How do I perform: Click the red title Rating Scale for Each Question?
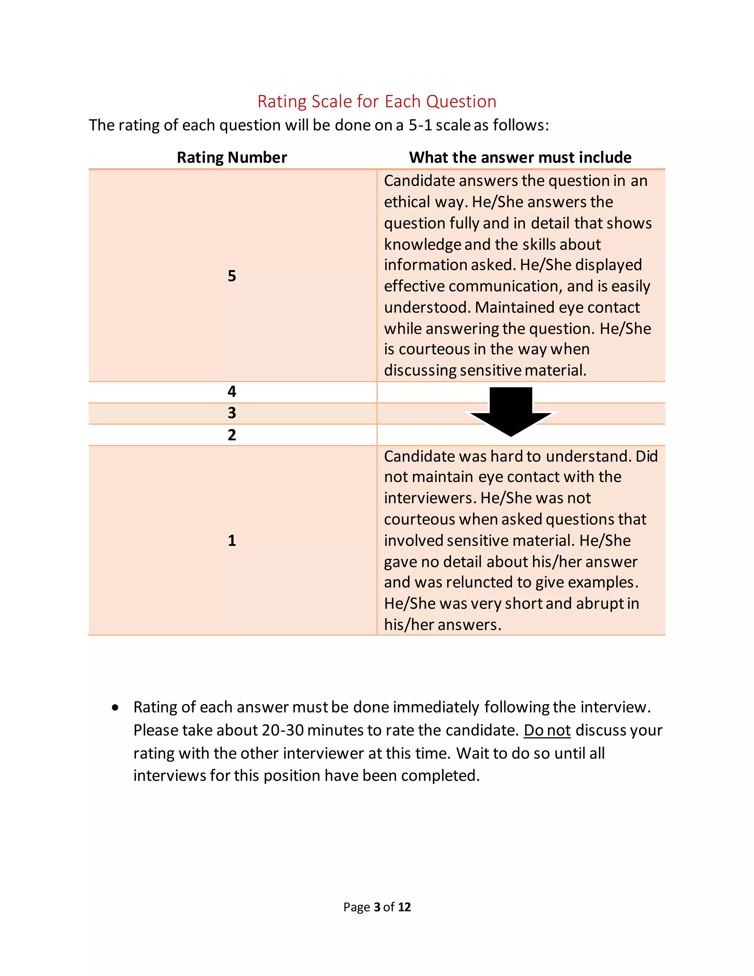pyautogui.click(x=377, y=101)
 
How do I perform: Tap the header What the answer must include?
pyautogui.click(x=520, y=157)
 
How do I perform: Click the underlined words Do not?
pyautogui.click(x=547, y=730)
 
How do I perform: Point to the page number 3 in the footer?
pyautogui.click(x=377, y=907)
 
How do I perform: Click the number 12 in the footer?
pyautogui.click(x=404, y=907)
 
